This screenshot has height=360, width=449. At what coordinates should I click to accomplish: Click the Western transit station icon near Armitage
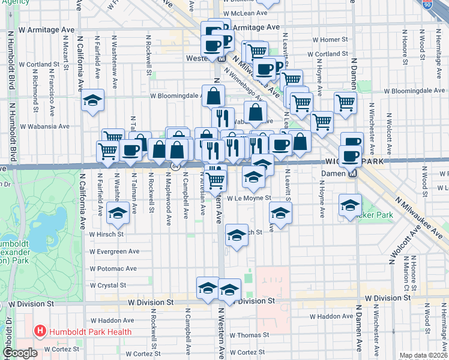221,59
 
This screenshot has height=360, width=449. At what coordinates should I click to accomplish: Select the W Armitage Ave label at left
47,29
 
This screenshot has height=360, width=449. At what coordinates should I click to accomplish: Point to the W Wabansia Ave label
44,127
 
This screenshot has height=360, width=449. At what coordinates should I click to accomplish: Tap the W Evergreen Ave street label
113,252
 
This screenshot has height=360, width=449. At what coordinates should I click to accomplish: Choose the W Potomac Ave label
113,269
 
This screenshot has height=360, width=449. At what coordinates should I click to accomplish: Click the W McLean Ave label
246,13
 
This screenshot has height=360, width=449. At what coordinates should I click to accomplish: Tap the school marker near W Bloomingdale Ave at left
93,100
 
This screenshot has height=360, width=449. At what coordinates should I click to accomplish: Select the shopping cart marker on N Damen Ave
345,103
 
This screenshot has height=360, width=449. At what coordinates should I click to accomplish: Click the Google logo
20,353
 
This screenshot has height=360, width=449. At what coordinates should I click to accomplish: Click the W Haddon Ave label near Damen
331,316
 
